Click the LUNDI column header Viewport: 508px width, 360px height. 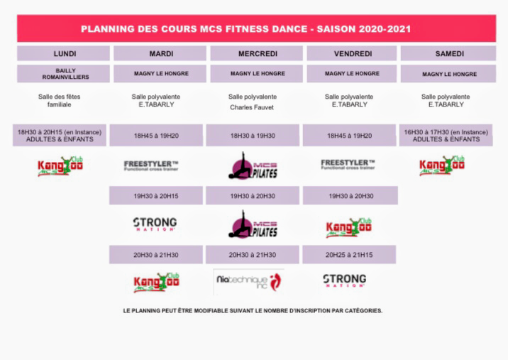pyautogui.click(x=64, y=53)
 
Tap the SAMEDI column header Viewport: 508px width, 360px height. pyautogui.click(x=448, y=53)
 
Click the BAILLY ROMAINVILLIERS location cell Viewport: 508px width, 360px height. pyautogui.click(x=64, y=74)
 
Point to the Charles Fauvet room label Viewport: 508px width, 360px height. pyautogui.click(x=253, y=108)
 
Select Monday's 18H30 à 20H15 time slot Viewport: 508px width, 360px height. pyautogui.click(x=60, y=135)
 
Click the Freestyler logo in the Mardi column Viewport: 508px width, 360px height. pyautogui.click(x=151, y=165)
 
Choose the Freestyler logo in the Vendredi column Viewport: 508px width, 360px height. pyautogui.click(x=348, y=165)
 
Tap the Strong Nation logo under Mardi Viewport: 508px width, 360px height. pyautogui.click(x=155, y=224)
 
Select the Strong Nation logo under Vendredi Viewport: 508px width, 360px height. pyautogui.click(x=344, y=280)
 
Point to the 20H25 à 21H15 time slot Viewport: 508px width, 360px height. pyautogui.click(x=349, y=254)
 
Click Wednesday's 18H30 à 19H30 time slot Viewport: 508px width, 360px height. pyautogui.click(x=253, y=135)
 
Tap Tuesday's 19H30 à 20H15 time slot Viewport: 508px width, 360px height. pyautogui.click(x=156, y=195)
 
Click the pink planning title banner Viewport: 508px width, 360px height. pyautogui.click(x=255, y=29)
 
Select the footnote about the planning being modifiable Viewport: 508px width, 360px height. pyautogui.click(x=253, y=310)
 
